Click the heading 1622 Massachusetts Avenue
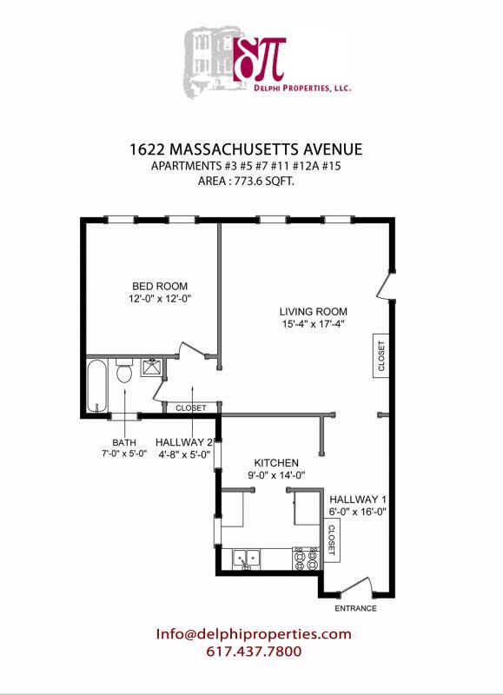tap(251, 149)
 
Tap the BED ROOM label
tap(160, 287)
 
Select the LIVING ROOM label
tap(313, 312)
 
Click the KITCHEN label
tap(276, 463)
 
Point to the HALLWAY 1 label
tap(357, 500)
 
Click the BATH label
tap(123, 442)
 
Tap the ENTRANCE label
tap(355, 608)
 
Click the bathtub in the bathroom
tap(97, 385)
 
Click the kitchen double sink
tap(245, 559)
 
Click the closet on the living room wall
tap(381, 354)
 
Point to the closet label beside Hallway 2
tap(191, 408)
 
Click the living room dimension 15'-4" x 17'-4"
tap(313, 325)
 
